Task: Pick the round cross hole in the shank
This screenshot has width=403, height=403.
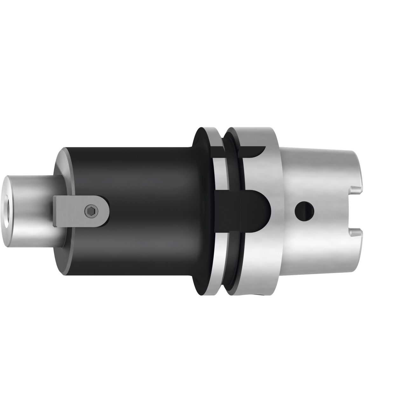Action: coord(304,210)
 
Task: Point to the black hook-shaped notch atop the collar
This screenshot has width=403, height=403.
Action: coord(254,152)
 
